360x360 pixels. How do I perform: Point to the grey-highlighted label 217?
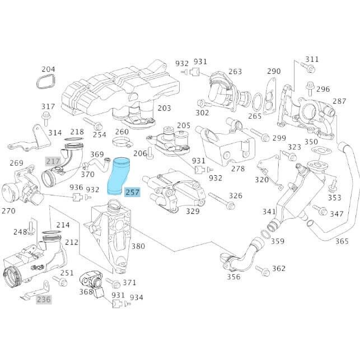(53, 161)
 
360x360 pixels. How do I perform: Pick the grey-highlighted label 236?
(44, 300)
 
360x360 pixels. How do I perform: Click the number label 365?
(342, 241)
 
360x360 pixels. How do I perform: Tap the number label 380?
(138, 246)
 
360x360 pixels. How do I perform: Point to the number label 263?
(235, 71)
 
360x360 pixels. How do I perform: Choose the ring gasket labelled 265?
(258, 102)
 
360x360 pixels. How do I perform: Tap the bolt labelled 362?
(261, 270)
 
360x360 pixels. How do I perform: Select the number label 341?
(269, 212)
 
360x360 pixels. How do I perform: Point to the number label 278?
(238, 169)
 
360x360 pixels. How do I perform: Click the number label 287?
(340, 101)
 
